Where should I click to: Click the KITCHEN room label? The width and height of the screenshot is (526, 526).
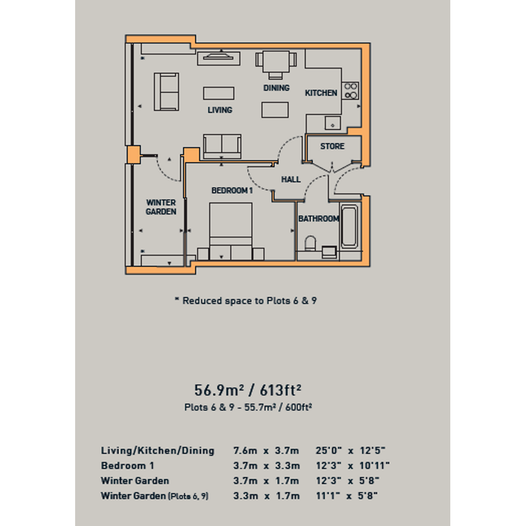(x=321, y=93)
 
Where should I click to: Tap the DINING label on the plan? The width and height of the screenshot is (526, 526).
(x=277, y=88)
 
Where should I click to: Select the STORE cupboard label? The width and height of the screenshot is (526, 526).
(x=332, y=146)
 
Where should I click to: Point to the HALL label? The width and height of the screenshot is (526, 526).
(x=291, y=179)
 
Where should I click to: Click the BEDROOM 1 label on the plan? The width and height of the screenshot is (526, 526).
(x=232, y=190)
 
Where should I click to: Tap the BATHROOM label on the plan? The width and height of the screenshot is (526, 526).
(x=319, y=219)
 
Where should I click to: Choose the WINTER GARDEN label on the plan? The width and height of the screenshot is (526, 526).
(x=161, y=207)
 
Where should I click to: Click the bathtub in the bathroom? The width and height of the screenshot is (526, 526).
(x=349, y=227)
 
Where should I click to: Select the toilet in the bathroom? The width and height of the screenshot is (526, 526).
(x=310, y=243)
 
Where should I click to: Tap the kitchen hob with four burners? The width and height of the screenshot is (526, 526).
(x=351, y=91)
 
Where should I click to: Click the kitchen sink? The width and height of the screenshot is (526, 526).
(x=333, y=123)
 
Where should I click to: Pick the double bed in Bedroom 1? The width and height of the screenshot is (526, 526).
(x=231, y=232)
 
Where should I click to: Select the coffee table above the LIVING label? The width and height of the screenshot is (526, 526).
(x=219, y=94)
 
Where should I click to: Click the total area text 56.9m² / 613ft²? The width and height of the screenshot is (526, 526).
(x=248, y=390)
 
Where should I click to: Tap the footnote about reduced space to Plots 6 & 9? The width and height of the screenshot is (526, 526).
(x=246, y=301)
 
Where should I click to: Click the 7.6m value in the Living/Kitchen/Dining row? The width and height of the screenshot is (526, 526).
(x=245, y=450)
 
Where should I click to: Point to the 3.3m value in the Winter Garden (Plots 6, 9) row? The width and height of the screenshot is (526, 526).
(x=245, y=496)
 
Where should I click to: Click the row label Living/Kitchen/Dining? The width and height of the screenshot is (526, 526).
(x=158, y=450)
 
